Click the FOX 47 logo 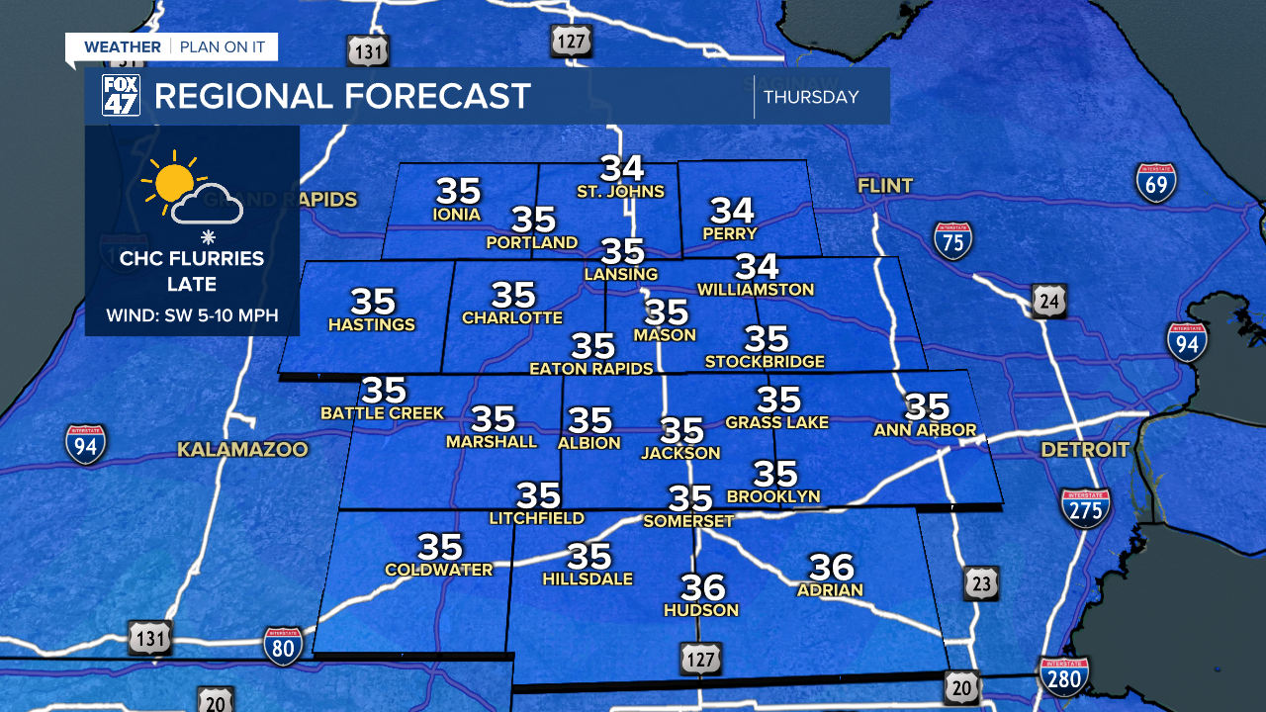(x=122, y=95)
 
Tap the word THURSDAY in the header (x=811, y=97)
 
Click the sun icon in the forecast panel (x=173, y=182)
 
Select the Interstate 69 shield (x=1155, y=184)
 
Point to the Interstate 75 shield (x=952, y=240)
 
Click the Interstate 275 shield (x=1085, y=508)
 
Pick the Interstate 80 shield (x=283, y=646)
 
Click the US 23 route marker (x=980, y=583)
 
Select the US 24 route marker (x=1048, y=301)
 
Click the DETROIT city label (x=1084, y=450)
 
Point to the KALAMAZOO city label (x=242, y=450)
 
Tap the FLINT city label (x=885, y=185)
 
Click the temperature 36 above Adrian (x=831, y=567)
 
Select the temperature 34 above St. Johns (x=622, y=169)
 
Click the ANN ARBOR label (x=925, y=429)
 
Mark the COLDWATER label (x=438, y=570)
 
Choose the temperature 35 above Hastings (x=373, y=301)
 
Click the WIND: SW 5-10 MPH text (x=193, y=316)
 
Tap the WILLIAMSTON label (x=755, y=290)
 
